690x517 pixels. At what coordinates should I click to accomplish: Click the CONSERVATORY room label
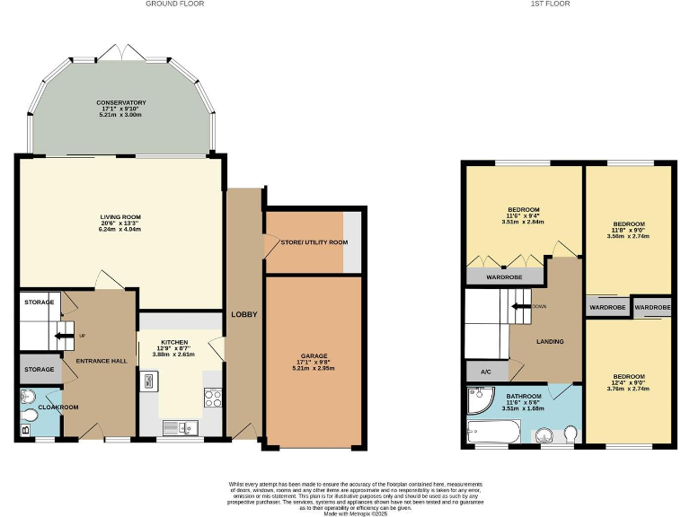pos(121,102)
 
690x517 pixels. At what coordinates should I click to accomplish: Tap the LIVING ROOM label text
pos(120,217)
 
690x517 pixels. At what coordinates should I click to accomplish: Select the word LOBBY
pos(244,314)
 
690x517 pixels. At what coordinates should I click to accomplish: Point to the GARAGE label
pos(314,355)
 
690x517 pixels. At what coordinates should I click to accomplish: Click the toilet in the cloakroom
pos(30,415)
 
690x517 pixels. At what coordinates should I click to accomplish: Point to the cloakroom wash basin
pos(27,395)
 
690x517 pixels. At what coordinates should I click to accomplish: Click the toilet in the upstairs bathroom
pos(571,434)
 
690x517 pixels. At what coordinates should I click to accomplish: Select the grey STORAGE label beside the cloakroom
pos(39,369)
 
